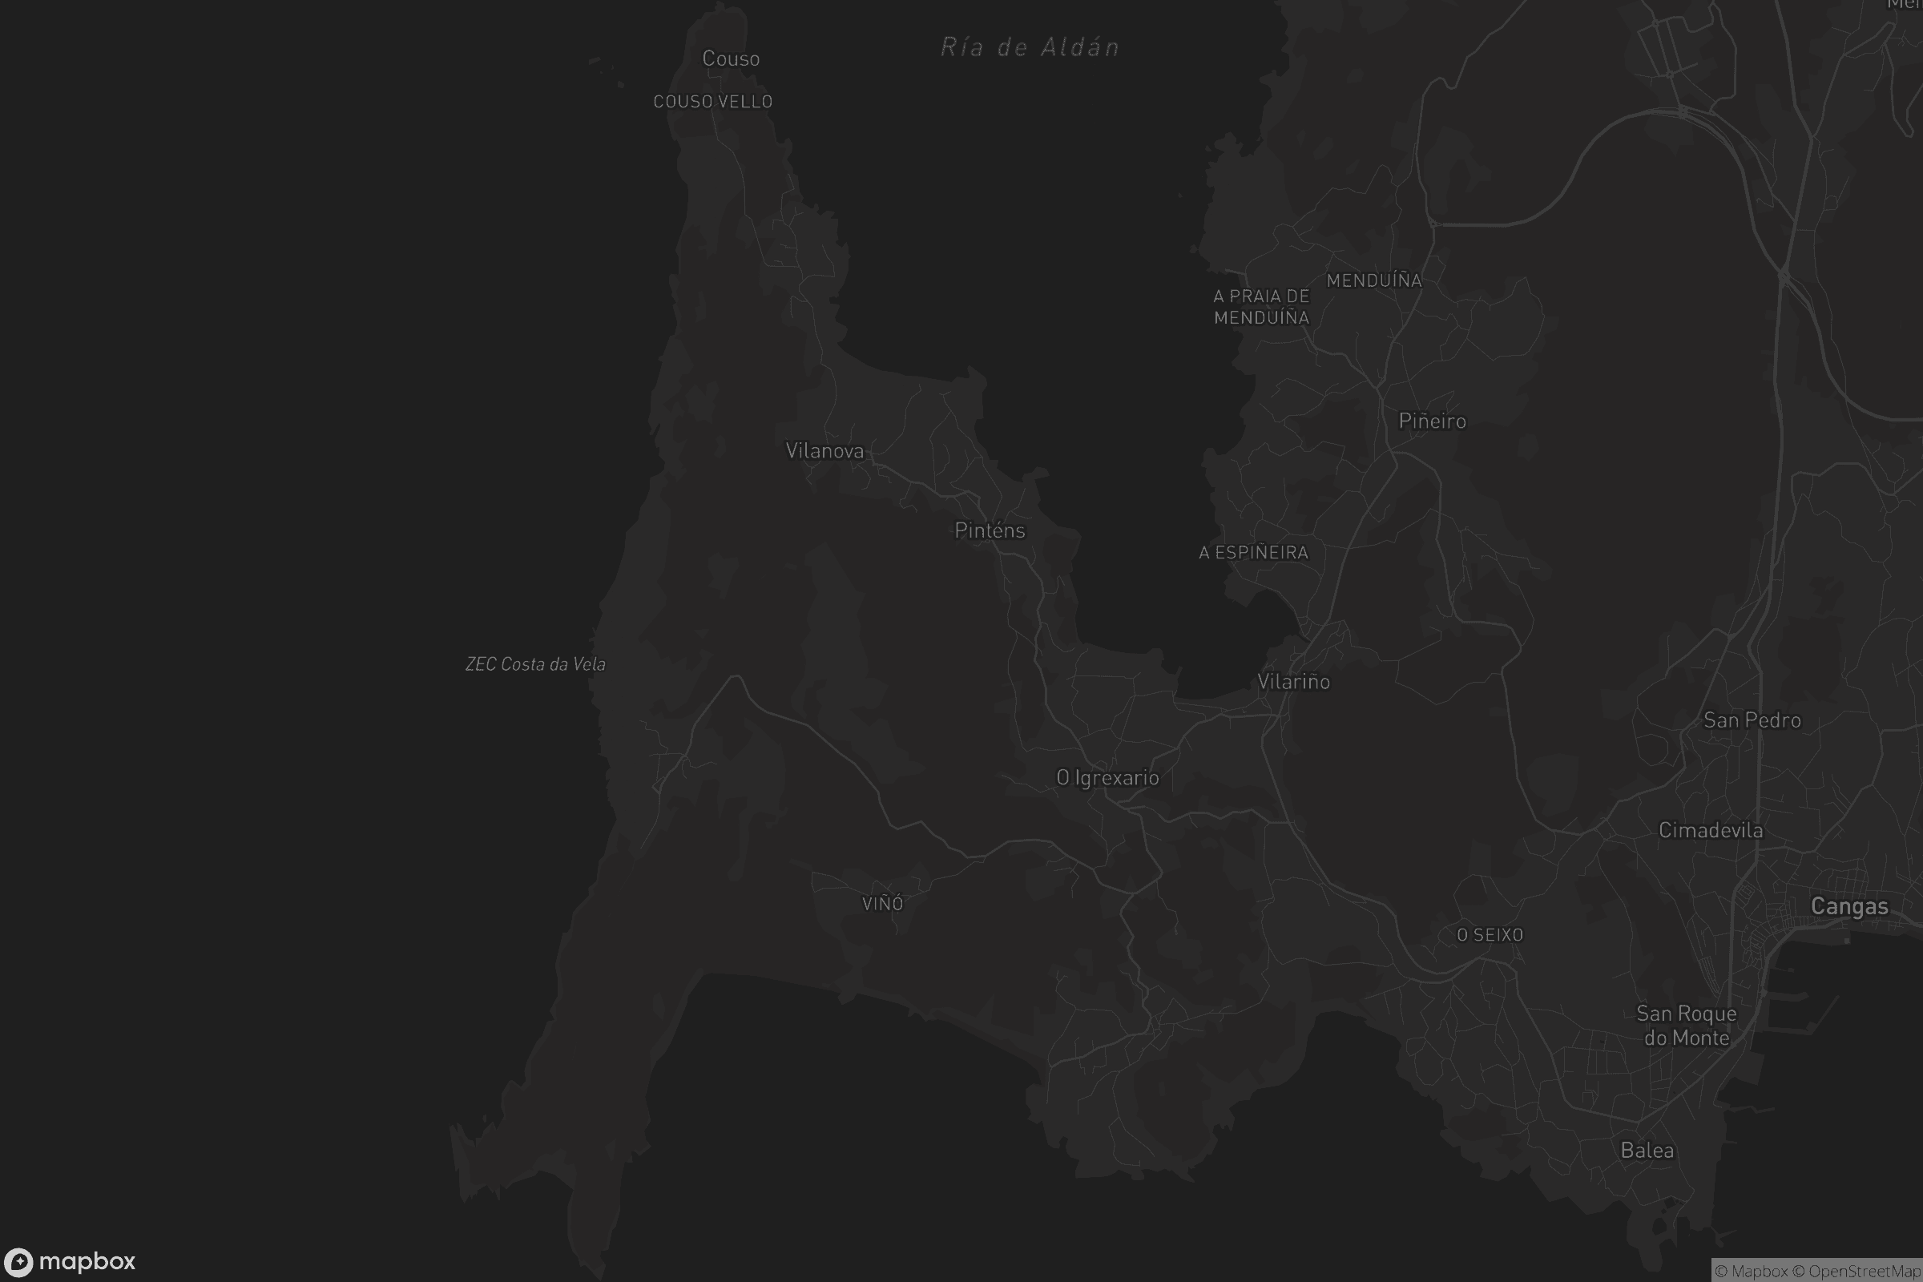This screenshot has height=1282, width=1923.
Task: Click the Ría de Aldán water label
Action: pyautogui.click(x=1030, y=47)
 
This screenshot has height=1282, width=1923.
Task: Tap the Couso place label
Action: pyautogui.click(x=731, y=58)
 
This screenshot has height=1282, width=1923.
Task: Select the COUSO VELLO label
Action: pyautogui.click(x=713, y=103)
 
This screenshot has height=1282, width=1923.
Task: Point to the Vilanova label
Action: pyautogui.click(x=824, y=450)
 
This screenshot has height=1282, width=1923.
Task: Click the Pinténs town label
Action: pyautogui.click(x=990, y=530)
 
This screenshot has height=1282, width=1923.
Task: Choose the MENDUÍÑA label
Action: pyautogui.click(x=1373, y=280)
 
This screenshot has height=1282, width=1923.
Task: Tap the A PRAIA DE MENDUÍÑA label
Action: pyautogui.click(x=1261, y=307)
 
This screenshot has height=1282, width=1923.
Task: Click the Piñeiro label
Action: pyautogui.click(x=1432, y=421)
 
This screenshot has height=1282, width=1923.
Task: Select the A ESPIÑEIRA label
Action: pyautogui.click(x=1253, y=553)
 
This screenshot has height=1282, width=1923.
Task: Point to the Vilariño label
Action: pyautogui.click(x=1293, y=682)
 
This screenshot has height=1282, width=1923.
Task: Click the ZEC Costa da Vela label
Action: pyautogui.click(x=535, y=664)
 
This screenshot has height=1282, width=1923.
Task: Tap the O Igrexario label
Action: pyautogui.click(x=1107, y=777)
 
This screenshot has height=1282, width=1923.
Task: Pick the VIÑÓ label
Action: pyautogui.click(x=882, y=904)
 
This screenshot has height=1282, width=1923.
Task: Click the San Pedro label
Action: pyautogui.click(x=1752, y=720)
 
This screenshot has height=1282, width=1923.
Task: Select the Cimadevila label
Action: pyautogui.click(x=1711, y=831)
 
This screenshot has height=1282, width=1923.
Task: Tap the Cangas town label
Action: pyautogui.click(x=1849, y=906)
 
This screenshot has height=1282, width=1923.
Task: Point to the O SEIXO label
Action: pyautogui.click(x=1490, y=934)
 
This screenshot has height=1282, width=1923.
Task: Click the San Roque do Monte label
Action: pyautogui.click(x=1687, y=1026)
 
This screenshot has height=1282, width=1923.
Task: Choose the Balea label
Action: pyautogui.click(x=1647, y=1151)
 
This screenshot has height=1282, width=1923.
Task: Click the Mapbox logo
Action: pyautogui.click(x=71, y=1261)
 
